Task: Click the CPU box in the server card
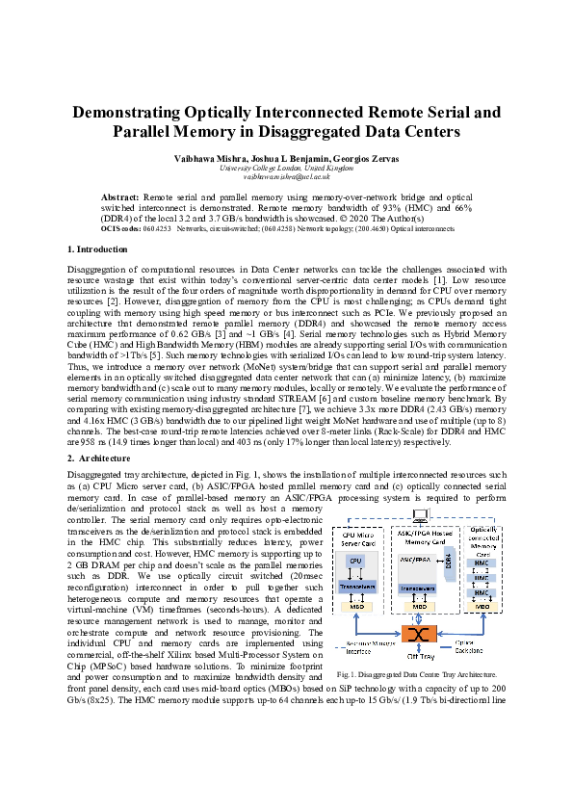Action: pyautogui.click(x=355, y=560)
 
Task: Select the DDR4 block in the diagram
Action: pyautogui.click(x=449, y=560)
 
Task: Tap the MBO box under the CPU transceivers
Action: pyautogui.click(x=355, y=608)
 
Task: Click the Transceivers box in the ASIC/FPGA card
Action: pyautogui.click(x=420, y=587)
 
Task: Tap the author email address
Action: pyautogui.click(x=286, y=177)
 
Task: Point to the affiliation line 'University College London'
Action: pyautogui.click(x=286, y=168)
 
